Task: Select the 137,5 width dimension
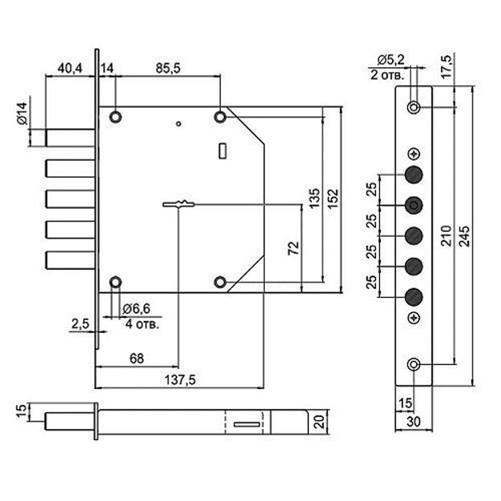click(x=179, y=380)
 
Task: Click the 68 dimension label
click(x=136, y=359)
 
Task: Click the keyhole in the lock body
click(x=178, y=204)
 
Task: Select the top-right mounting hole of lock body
click(x=220, y=117)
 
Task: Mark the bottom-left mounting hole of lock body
click(x=116, y=282)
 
